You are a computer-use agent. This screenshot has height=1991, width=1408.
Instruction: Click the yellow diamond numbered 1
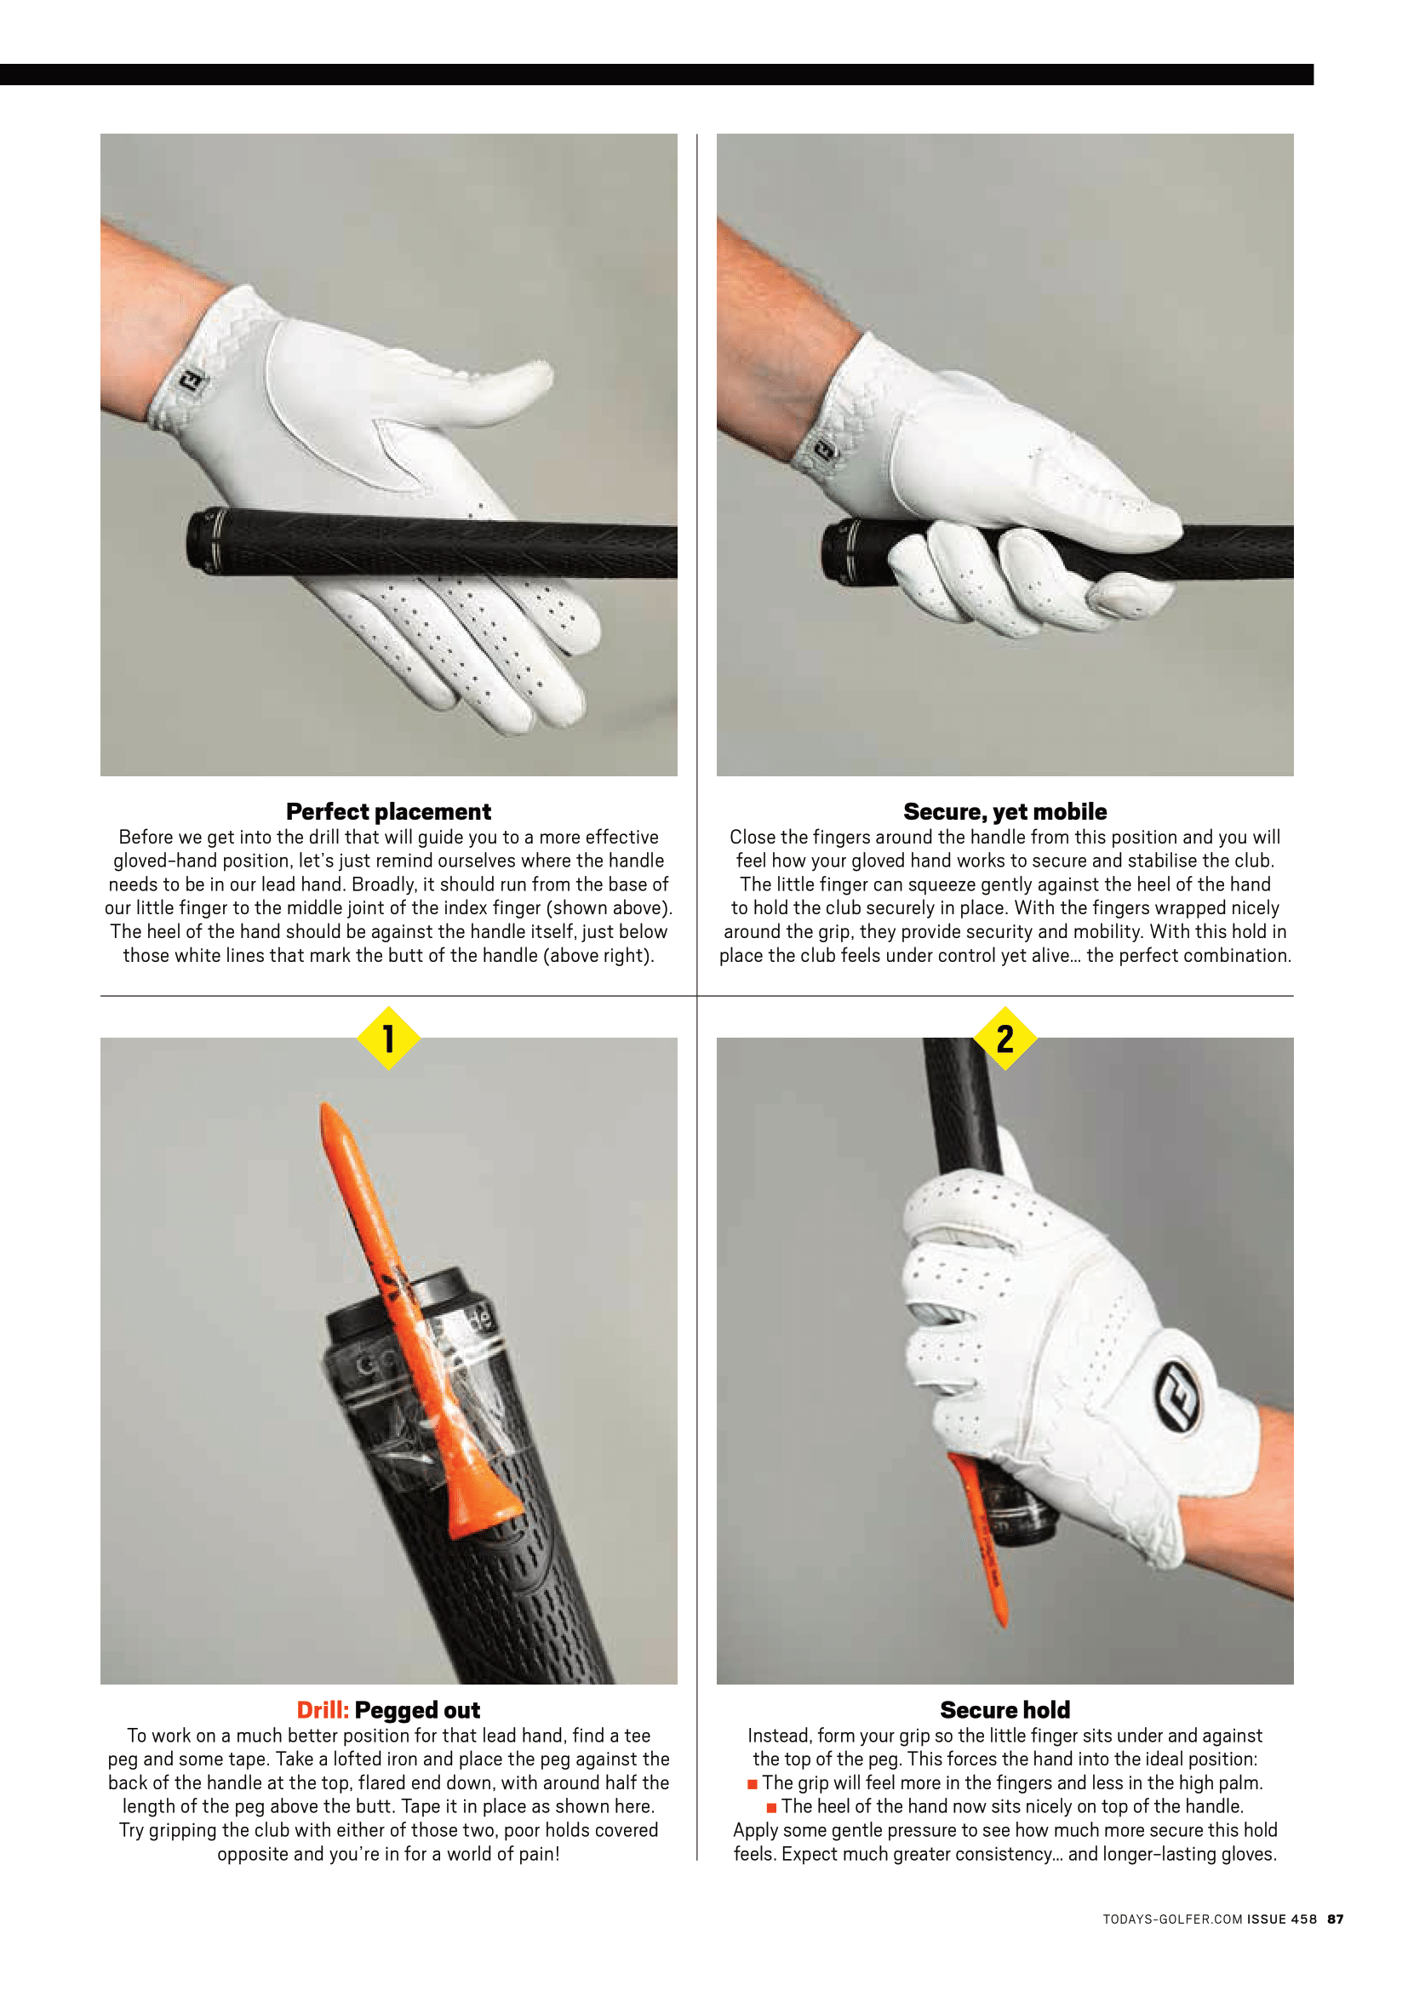pyautogui.click(x=388, y=1038)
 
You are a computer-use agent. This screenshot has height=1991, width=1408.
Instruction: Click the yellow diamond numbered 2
pyautogui.click(x=1004, y=1038)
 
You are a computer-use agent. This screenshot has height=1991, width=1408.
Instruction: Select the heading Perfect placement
pyautogui.click(x=388, y=812)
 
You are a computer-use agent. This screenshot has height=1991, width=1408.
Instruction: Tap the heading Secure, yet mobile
pyautogui.click(x=1004, y=812)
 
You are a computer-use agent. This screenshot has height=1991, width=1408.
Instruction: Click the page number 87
pyautogui.click(x=1335, y=1919)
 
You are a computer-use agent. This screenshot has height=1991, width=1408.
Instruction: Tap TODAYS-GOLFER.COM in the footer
pyautogui.click(x=1172, y=1919)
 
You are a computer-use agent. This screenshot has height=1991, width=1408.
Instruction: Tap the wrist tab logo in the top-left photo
pyautogui.click(x=192, y=379)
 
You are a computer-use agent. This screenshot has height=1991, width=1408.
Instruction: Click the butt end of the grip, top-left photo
pyautogui.click(x=197, y=540)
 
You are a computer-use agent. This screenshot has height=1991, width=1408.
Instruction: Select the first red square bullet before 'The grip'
pyautogui.click(x=753, y=1785)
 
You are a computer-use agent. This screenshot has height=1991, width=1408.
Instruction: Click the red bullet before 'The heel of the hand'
pyautogui.click(x=771, y=1808)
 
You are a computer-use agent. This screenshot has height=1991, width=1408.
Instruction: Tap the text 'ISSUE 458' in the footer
pyautogui.click(x=1281, y=1919)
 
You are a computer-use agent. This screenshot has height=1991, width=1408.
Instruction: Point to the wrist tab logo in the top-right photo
pyautogui.click(x=823, y=451)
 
